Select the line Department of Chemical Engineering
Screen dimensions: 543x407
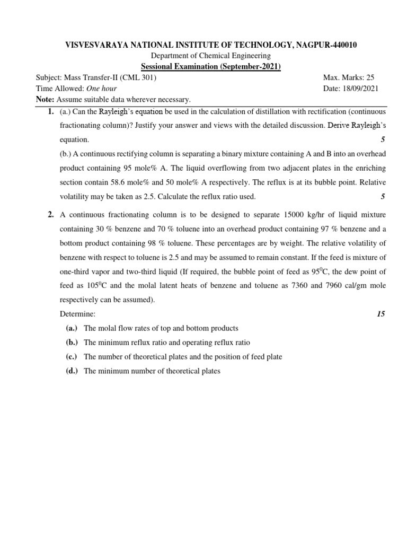point(203,56)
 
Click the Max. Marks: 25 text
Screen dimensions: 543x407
point(348,77)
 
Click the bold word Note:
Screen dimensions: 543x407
point(45,100)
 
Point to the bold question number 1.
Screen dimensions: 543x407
point(50,112)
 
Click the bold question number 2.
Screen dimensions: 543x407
point(50,215)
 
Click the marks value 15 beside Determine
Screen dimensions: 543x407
point(381,314)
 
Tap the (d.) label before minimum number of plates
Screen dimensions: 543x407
point(72,371)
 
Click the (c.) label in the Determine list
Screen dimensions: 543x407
point(72,357)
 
